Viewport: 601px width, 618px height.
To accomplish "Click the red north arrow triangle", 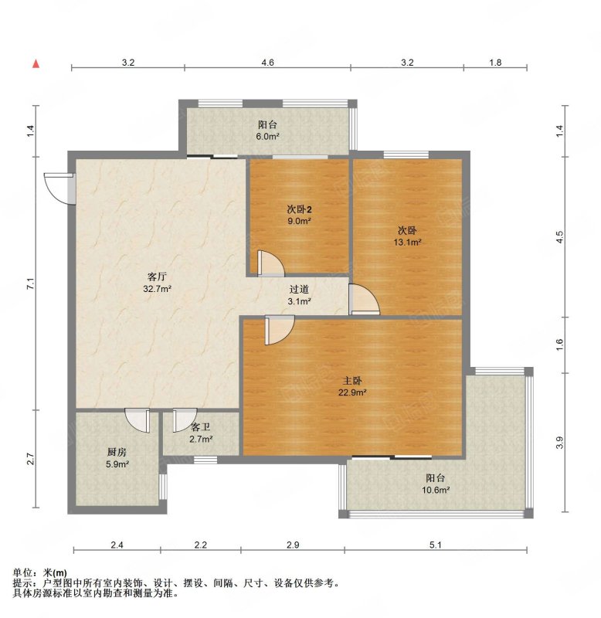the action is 36,63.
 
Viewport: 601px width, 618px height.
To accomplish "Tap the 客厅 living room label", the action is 157,277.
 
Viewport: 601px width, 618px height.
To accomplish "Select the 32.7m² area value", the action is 157,289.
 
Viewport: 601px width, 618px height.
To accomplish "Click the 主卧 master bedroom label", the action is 352,381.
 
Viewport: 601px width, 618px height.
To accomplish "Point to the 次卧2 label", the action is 299,209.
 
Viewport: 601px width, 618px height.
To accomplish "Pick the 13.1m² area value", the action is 408,242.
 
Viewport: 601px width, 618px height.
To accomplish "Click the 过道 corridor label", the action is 299,289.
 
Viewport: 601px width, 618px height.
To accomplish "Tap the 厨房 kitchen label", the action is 117,452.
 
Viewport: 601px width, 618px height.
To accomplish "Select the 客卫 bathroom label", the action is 201,427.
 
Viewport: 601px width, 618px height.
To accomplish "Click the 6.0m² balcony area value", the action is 268,137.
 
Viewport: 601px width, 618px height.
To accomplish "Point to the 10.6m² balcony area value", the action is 436,491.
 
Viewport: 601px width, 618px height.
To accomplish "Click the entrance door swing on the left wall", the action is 59,188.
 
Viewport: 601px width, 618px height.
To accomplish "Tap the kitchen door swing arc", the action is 138,420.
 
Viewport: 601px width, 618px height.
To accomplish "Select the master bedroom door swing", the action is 280,331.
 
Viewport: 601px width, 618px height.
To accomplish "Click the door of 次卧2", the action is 270,263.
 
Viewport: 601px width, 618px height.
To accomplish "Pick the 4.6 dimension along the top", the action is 267,63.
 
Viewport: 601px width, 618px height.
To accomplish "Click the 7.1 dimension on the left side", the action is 31,284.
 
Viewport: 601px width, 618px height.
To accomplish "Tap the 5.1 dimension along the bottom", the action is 435,545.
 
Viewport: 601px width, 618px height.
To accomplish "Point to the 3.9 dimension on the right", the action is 560,443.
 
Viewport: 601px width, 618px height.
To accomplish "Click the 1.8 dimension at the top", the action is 495,63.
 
